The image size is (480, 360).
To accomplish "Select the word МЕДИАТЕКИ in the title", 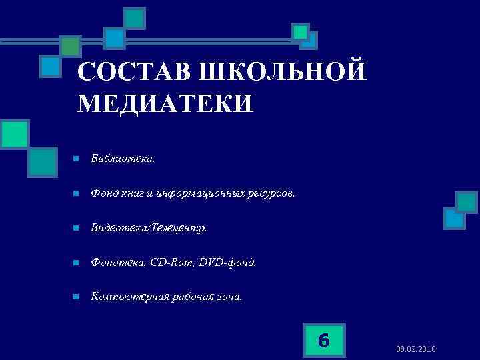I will (166, 104).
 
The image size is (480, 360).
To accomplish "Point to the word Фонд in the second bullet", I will (105, 194).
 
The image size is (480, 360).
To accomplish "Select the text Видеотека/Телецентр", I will (149, 228).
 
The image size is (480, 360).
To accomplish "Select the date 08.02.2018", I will (417, 349).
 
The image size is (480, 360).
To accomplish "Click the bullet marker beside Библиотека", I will (77, 159).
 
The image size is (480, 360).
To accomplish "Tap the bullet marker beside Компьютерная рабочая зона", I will (77, 297).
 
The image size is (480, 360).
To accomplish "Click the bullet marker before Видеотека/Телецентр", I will (77, 228).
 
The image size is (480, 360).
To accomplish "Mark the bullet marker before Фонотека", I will (77, 263).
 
